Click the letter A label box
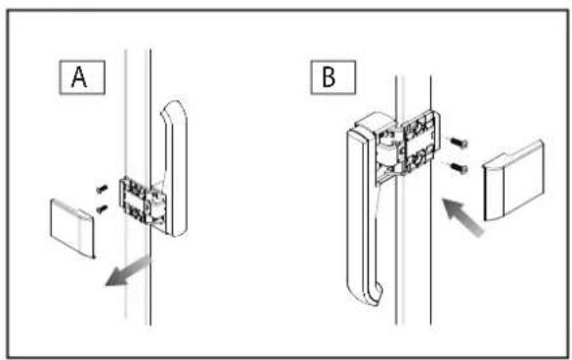[82, 77]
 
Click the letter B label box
[332, 77]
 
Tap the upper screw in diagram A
[102, 189]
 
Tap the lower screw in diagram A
[102, 208]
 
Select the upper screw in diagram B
[460, 143]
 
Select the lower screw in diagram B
[460, 168]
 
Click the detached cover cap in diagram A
[72, 228]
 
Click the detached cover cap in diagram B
[513, 181]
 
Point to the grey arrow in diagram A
[128, 271]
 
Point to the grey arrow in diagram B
[462, 217]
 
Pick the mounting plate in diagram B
[420, 142]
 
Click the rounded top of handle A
[174, 108]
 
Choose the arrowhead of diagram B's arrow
[451, 207]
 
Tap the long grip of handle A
[176, 168]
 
